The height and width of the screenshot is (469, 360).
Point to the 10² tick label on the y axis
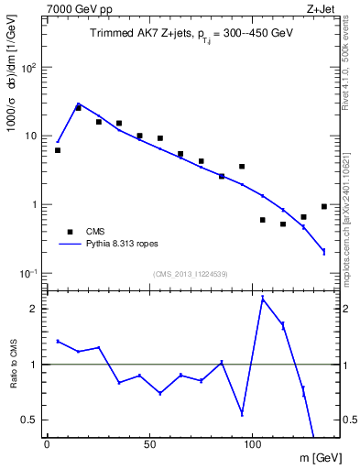[27, 68]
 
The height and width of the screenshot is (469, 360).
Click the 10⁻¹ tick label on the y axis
[27, 273]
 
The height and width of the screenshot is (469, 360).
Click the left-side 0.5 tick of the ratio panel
[27, 420]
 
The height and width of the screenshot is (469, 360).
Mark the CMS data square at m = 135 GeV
[324, 207]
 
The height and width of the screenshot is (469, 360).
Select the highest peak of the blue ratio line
[263, 299]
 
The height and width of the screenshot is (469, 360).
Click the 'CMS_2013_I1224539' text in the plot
[191, 274]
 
